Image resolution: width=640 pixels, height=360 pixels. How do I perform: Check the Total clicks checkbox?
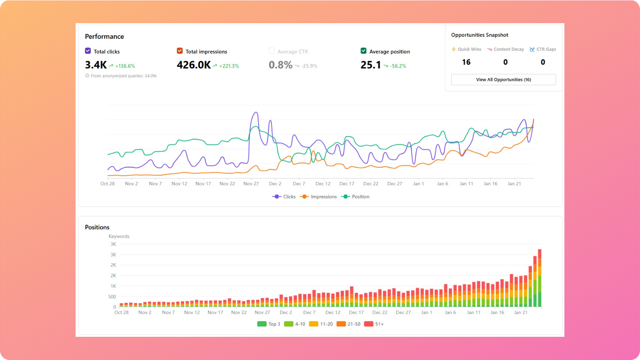[x=88, y=51]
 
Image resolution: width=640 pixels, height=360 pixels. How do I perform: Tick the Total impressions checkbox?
[x=180, y=51]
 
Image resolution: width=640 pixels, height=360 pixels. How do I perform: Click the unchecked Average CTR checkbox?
[x=272, y=51]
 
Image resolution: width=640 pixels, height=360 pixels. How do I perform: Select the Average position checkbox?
[x=364, y=51]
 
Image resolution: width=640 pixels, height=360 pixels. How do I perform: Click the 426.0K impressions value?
[x=194, y=65]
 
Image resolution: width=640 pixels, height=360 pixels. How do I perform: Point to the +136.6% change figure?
[x=125, y=66]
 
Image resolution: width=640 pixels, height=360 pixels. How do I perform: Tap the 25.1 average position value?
[x=370, y=65]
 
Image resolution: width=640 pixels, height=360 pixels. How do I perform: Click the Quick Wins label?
[x=469, y=49]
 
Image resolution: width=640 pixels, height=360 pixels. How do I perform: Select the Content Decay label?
[x=508, y=49]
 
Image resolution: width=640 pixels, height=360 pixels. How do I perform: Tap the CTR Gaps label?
[x=546, y=49]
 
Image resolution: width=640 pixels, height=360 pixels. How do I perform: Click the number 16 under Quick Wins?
[x=466, y=62]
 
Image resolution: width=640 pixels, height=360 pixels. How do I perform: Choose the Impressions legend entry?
[x=323, y=197]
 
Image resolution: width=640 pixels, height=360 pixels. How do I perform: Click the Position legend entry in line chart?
[x=360, y=197]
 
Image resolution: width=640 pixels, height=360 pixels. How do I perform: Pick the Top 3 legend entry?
[x=274, y=324]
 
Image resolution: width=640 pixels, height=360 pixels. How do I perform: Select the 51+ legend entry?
[x=379, y=324]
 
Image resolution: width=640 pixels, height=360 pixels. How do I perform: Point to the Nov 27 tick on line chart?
[x=251, y=184]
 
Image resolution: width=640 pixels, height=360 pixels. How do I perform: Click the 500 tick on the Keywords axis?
[x=112, y=297]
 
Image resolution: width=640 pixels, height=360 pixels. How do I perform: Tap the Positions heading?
[x=97, y=227]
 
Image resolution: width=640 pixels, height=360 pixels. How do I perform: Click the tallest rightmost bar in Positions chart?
[x=540, y=278]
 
